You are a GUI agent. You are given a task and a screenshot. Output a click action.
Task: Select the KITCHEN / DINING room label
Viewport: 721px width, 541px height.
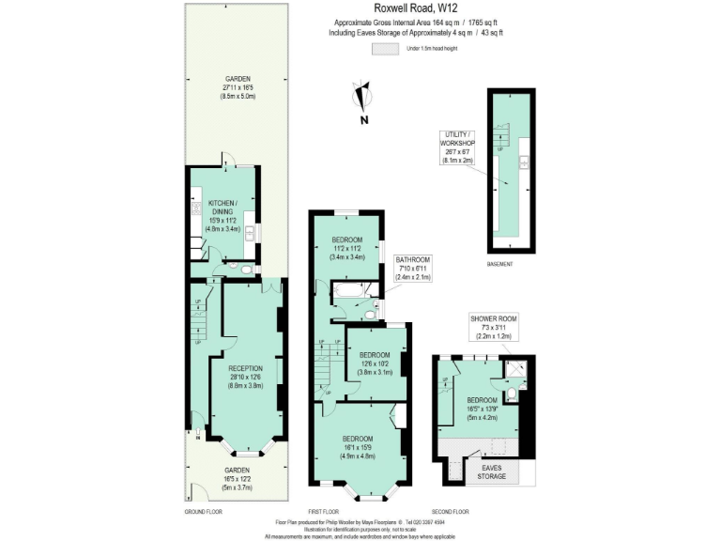222,215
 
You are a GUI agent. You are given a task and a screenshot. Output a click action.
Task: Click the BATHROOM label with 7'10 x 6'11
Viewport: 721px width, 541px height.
412,269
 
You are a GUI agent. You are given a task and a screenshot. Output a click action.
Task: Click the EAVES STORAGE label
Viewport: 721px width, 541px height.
493,471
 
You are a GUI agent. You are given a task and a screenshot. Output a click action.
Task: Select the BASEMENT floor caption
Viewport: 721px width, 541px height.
499,265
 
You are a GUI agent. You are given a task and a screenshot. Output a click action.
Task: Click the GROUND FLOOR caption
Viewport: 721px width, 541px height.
203,511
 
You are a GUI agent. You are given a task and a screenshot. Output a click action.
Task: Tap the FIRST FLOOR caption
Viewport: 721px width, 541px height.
324,511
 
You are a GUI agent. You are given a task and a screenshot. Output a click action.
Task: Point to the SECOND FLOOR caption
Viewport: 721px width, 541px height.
450,511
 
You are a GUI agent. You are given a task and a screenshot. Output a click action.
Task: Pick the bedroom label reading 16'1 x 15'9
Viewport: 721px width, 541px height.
357,448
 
